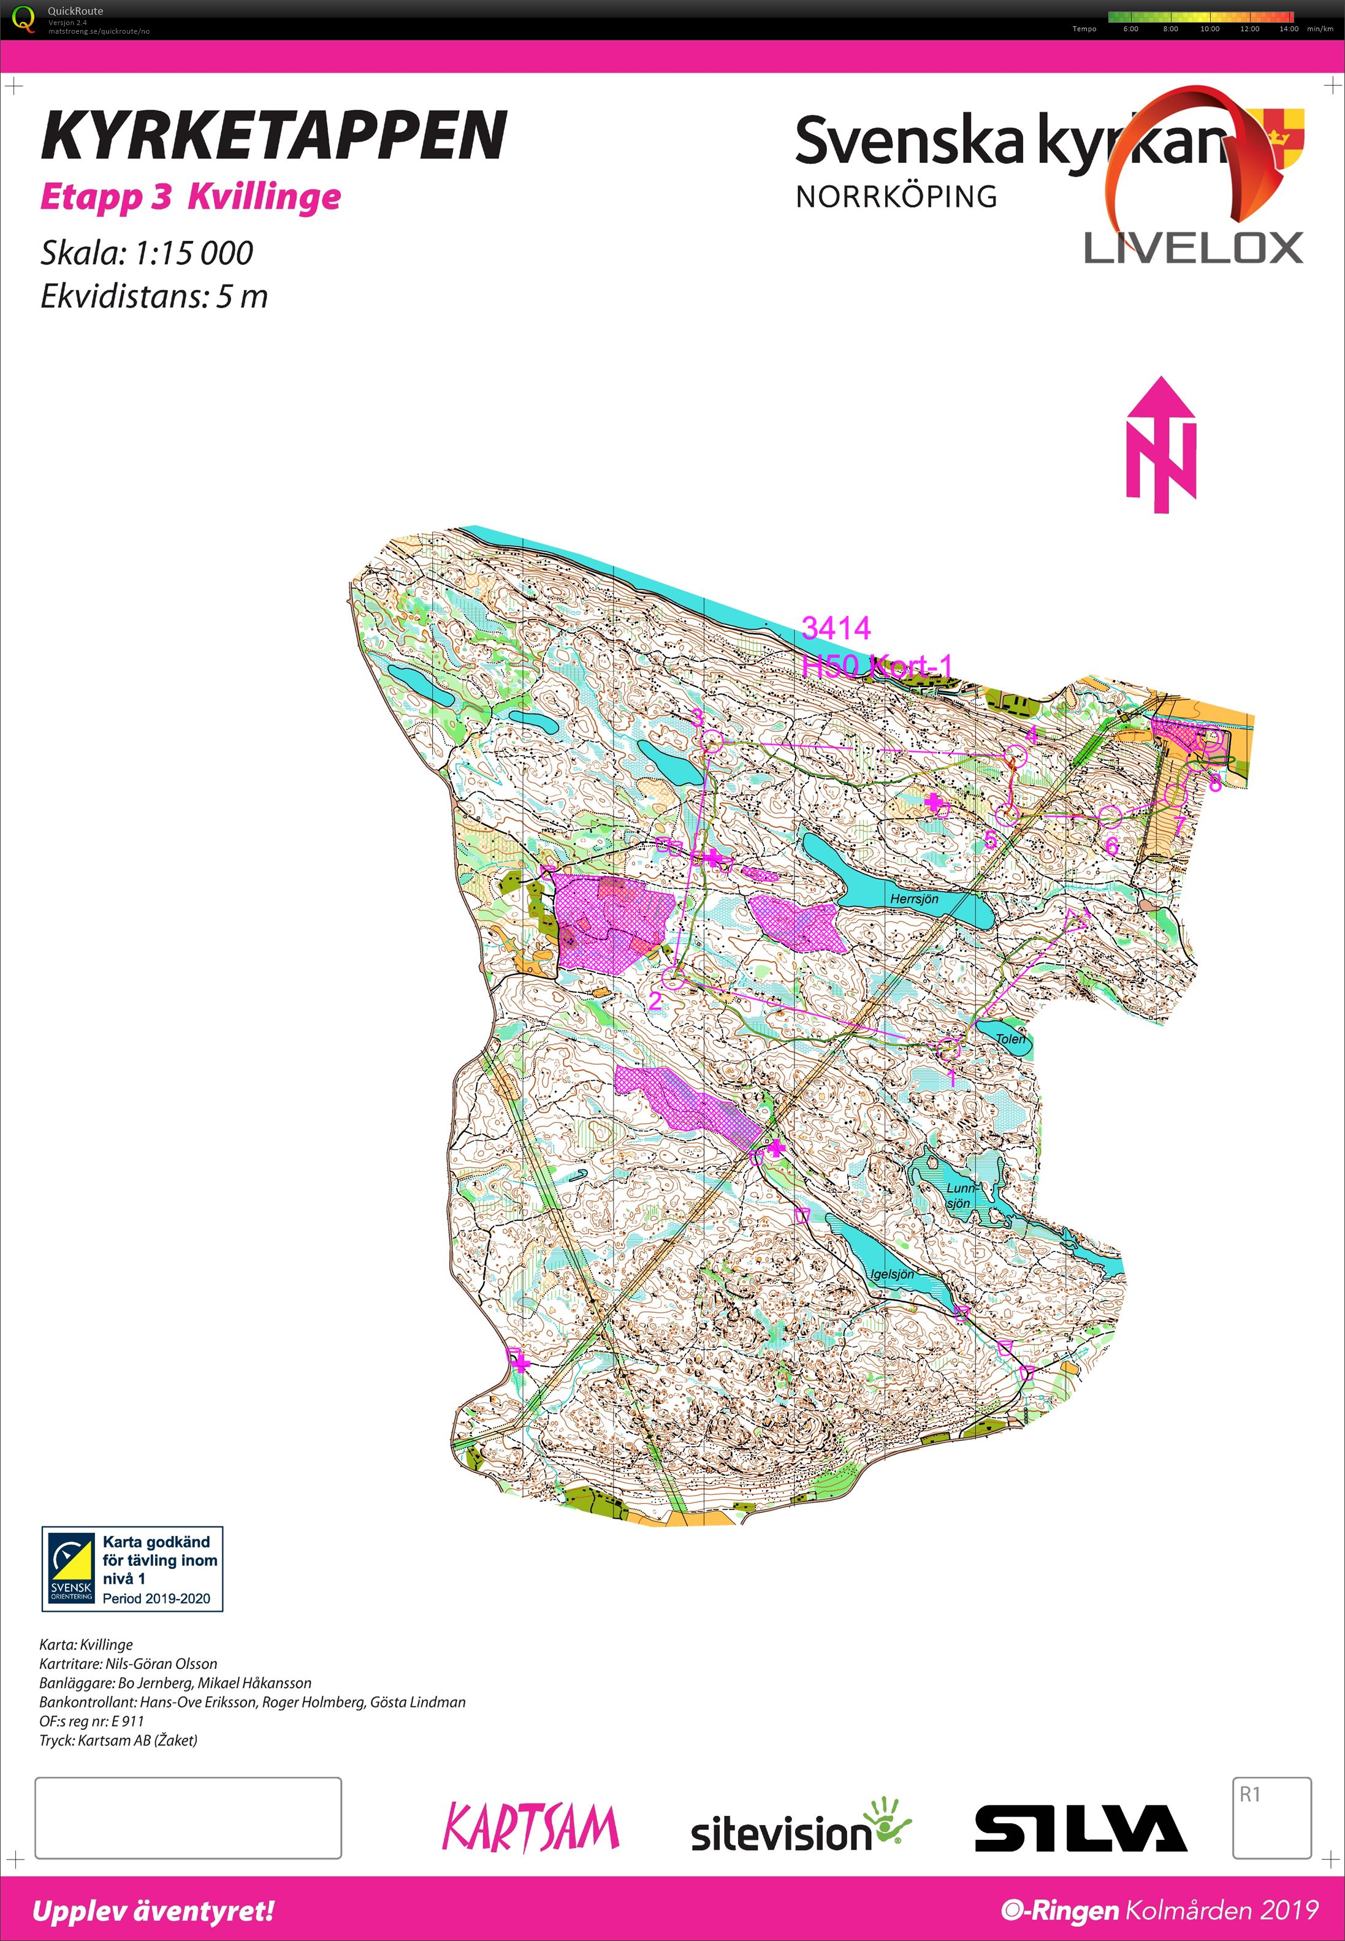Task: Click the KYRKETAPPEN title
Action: click(274, 135)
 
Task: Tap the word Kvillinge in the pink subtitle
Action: click(264, 197)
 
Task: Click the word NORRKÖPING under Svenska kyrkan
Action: click(896, 196)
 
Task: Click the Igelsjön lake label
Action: click(891, 1274)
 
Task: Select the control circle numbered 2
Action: click(673, 978)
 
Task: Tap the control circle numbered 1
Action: click(949, 1049)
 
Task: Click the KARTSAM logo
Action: click(531, 1828)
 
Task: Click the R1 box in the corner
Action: click(1271, 1817)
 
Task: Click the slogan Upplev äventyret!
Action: click(153, 1911)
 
